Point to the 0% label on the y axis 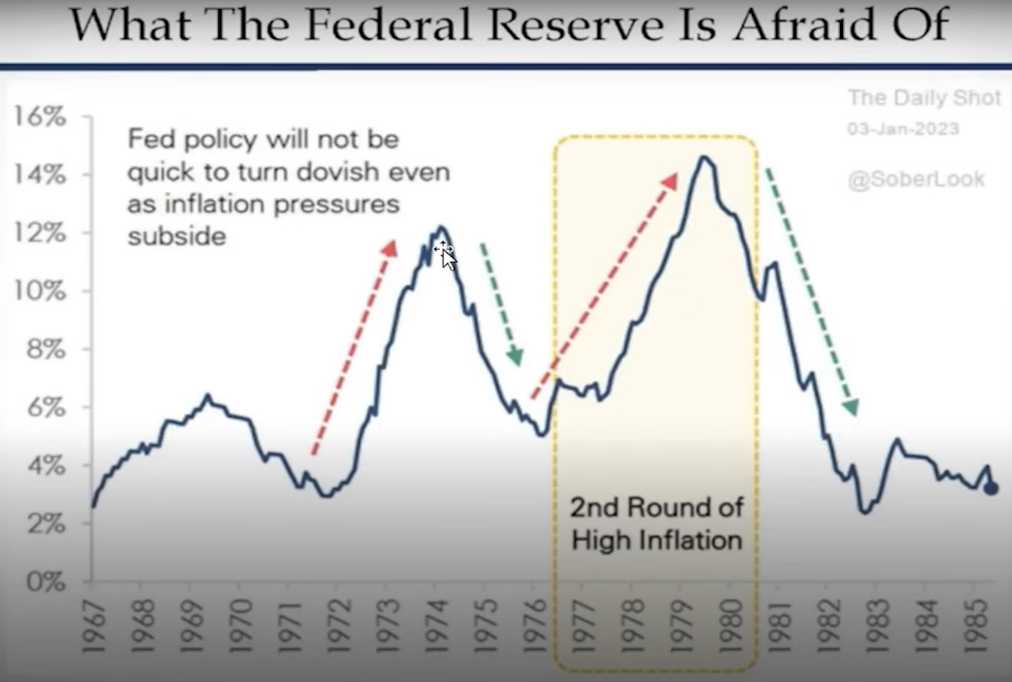(45, 582)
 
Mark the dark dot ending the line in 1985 (991, 489)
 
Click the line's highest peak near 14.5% (703, 158)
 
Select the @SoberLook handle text (916, 180)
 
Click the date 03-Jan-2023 (903, 129)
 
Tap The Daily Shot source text (925, 98)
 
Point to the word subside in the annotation (177, 236)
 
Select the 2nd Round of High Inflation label (656, 524)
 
